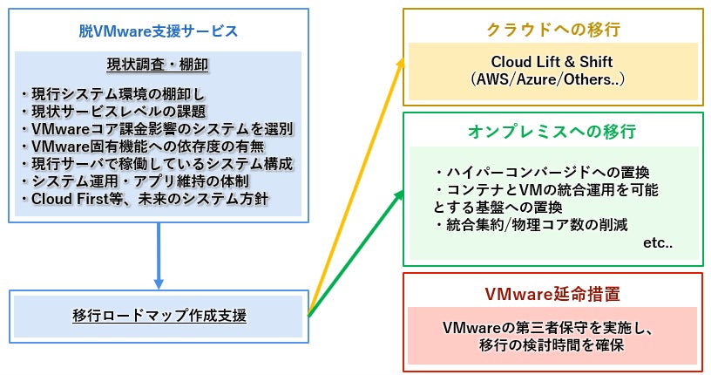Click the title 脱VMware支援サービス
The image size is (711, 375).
tap(159, 31)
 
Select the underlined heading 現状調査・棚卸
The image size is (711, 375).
tap(158, 65)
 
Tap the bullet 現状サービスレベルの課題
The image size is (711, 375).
tap(114, 112)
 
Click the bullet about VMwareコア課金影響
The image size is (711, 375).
tap(158, 129)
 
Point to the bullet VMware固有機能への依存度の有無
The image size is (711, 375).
tap(143, 147)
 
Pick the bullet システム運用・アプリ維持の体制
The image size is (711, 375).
tap(136, 181)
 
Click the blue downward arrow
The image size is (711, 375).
tap(159, 256)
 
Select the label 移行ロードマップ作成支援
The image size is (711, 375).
tap(159, 315)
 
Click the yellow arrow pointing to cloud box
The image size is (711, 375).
tap(355, 187)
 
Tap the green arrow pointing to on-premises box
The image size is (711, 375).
tap(355, 253)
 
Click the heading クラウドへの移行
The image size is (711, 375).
tap(553, 30)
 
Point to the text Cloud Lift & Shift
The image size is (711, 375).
tap(552, 61)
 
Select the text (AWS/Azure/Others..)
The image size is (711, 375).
tap(548, 79)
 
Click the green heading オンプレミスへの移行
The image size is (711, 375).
tap(552, 131)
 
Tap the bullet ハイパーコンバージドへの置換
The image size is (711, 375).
tap(541, 172)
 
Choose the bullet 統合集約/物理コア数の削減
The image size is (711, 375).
tap(531, 224)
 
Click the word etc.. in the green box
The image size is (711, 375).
tap(658, 243)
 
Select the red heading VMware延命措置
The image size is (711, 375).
tap(552, 294)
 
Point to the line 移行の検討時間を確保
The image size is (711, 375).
tap(552, 345)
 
